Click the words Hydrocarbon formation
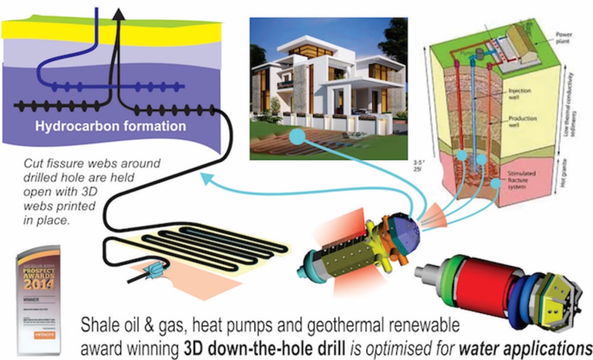coord(110,126)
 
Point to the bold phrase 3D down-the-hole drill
coord(243,346)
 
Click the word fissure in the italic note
coord(60,164)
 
